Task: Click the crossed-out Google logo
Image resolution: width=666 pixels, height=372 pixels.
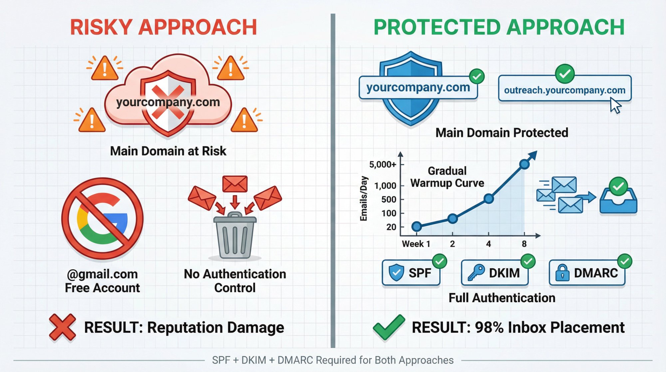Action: pyautogui.click(x=103, y=219)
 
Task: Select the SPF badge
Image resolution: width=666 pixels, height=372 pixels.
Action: pyautogui.click(x=411, y=273)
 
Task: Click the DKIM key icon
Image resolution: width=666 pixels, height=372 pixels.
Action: pyautogui.click(x=476, y=273)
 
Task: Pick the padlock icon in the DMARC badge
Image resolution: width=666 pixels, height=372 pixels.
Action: pyautogui.click(x=562, y=273)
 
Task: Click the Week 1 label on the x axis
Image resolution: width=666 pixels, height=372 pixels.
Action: pyautogui.click(x=416, y=244)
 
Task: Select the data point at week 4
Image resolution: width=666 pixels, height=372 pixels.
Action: pyautogui.click(x=489, y=199)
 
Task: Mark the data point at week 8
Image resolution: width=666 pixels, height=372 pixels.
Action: pyautogui.click(x=524, y=164)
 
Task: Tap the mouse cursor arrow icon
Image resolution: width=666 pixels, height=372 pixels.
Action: pyautogui.click(x=615, y=105)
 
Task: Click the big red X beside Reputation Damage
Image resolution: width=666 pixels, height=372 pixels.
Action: pyautogui.click(x=62, y=327)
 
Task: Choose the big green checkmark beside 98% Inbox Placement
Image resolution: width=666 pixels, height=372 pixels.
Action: pyautogui.click(x=388, y=327)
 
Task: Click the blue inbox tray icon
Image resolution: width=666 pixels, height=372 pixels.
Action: pyautogui.click(x=618, y=200)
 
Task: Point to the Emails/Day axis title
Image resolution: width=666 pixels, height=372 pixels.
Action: pyautogui.click(x=364, y=199)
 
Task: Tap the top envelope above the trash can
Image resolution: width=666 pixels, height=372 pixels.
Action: pyautogui.click(x=235, y=184)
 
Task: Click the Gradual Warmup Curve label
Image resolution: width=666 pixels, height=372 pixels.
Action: pyautogui.click(x=447, y=177)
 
